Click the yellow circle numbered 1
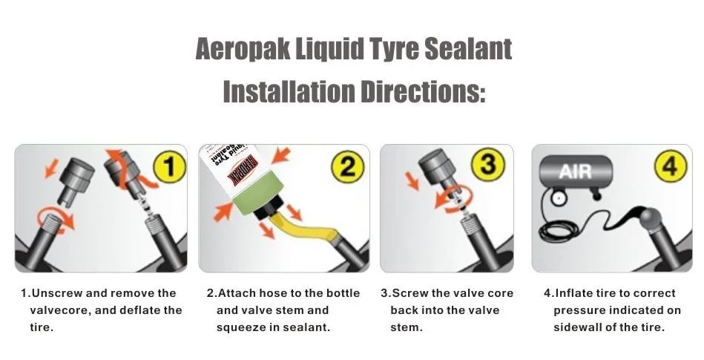pyautogui.click(x=169, y=167)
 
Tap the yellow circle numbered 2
pyautogui.click(x=347, y=167)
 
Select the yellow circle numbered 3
pyautogui.click(x=488, y=163)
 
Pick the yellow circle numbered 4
pyautogui.click(x=671, y=166)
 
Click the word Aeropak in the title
pyautogui.click(x=243, y=48)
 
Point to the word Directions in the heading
pyautogui.click(x=423, y=91)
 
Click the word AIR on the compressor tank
pyautogui.click(x=575, y=171)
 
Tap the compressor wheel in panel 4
pyautogui.click(x=558, y=198)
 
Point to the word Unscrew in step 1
pyautogui.click(x=56, y=293)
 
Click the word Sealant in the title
pyautogui.click(x=468, y=48)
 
